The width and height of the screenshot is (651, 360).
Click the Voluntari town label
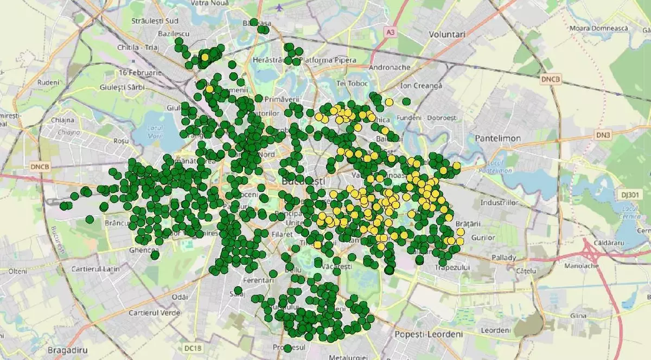pos(447,34)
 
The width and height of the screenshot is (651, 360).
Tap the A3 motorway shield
pos(390,33)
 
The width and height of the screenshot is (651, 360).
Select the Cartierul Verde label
pos(154,313)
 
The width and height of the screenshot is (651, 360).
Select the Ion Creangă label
pos(421,86)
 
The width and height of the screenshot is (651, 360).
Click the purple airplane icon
pos(279,8)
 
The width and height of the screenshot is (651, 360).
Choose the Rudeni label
pos(48,82)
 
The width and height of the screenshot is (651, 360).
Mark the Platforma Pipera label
pos(328,60)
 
